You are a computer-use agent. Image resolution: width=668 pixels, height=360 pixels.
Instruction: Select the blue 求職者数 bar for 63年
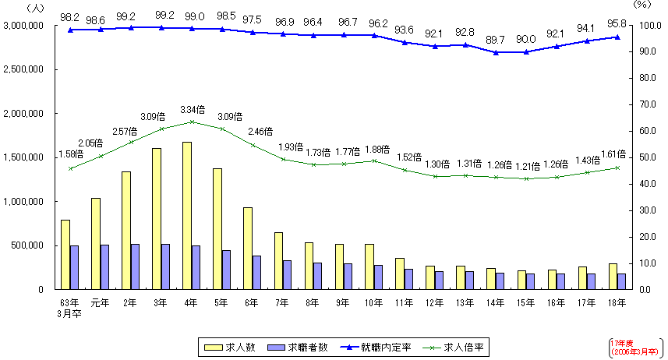[74, 267]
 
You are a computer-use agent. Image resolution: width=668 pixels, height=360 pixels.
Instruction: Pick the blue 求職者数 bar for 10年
[378, 277]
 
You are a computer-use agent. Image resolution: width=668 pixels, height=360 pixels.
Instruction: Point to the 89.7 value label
[496, 39]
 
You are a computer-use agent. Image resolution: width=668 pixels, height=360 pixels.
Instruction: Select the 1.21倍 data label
[526, 166]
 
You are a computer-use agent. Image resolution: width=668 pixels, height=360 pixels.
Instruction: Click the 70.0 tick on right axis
[644, 104]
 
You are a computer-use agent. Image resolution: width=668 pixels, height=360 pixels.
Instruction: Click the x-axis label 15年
[525, 302]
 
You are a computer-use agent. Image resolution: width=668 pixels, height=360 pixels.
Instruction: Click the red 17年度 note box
[635, 348]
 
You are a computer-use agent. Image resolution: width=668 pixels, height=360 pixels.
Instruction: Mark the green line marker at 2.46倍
[253, 145]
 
